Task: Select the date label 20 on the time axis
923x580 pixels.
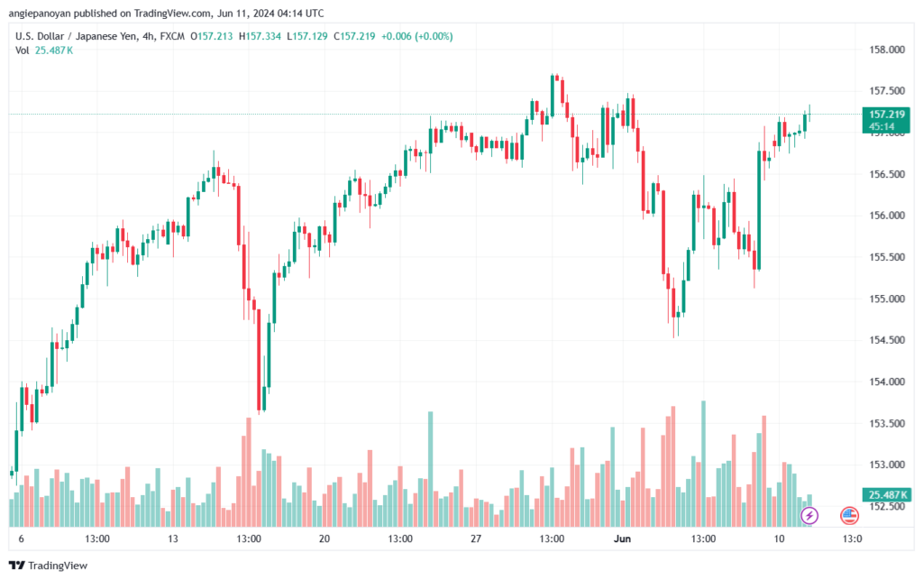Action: (324, 539)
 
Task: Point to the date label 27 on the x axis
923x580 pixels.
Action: (476, 539)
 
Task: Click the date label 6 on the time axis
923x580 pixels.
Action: (21, 539)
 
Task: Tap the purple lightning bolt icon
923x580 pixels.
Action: (809, 515)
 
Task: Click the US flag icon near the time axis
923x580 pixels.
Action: (849, 515)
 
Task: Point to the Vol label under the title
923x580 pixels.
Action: (23, 51)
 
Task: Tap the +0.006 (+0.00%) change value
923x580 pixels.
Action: (417, 36)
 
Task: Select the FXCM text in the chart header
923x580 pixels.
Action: (190, 36)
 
